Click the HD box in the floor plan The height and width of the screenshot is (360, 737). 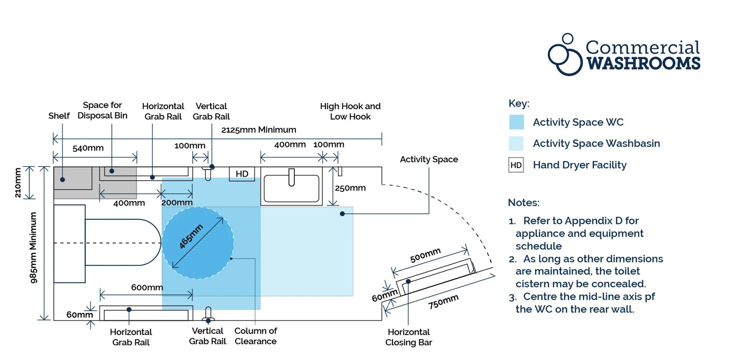pos(242,174)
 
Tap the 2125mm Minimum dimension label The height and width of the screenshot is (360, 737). pos(258,130)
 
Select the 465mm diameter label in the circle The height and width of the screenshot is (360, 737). pos(191,236)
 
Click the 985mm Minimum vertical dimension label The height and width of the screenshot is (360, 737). pos(33,247)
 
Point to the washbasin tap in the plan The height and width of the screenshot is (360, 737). pos(291,177)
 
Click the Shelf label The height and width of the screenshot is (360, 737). pos(59,116)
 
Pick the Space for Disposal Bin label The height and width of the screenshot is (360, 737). pos(102,110)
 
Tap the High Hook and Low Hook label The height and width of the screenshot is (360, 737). pos(350,111)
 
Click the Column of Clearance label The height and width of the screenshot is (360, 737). pos(256,336)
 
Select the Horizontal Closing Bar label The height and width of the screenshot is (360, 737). pos(408,337)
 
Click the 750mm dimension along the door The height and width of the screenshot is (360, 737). pos(443,302)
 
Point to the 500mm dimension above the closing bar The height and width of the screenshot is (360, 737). pos(425,255)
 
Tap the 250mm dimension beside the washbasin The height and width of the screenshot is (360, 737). pos(350,188)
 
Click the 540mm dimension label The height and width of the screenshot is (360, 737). pos(88,148)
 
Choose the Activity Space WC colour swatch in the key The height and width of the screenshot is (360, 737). pos(516,122)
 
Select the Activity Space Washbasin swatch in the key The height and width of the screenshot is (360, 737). pos(516,143)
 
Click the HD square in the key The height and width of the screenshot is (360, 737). pos(516,165)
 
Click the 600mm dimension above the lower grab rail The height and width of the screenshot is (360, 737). pos(147,287)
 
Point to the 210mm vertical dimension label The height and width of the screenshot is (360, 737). pos(18,182)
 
